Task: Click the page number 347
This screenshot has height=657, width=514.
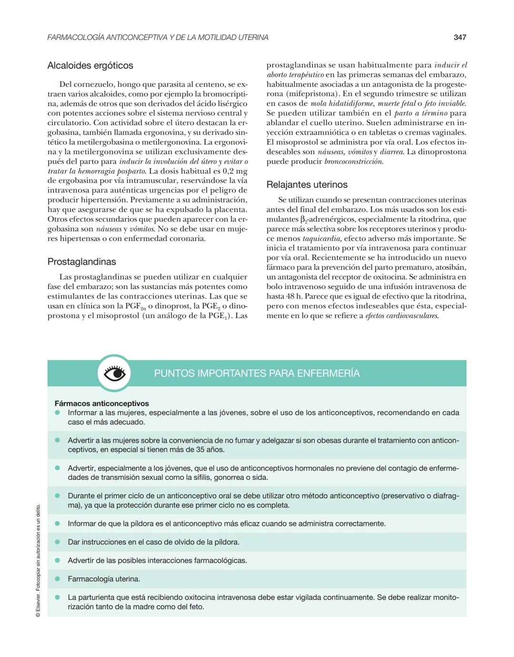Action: (459, 37)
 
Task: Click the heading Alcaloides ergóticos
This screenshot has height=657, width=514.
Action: (90, 66)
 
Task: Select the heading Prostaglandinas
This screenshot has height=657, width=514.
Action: (81, 262)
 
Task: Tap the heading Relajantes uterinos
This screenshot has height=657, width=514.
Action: (306, 185)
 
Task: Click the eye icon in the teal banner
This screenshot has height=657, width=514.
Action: (114, 374)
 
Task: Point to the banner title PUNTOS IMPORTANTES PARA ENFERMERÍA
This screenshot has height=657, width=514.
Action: (257, 373)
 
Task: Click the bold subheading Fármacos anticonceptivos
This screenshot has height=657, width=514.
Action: (101, 403)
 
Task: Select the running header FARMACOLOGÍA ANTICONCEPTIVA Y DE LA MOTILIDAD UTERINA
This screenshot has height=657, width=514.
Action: (158, 37)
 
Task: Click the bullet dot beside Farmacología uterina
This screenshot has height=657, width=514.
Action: (58, 579)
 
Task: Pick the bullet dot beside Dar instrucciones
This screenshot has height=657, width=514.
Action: (58, 542)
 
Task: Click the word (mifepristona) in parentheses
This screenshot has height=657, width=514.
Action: (311, 94)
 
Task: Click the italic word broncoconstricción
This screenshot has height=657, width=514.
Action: (353, 161)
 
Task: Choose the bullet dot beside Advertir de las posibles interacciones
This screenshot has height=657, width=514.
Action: (58, 560)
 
